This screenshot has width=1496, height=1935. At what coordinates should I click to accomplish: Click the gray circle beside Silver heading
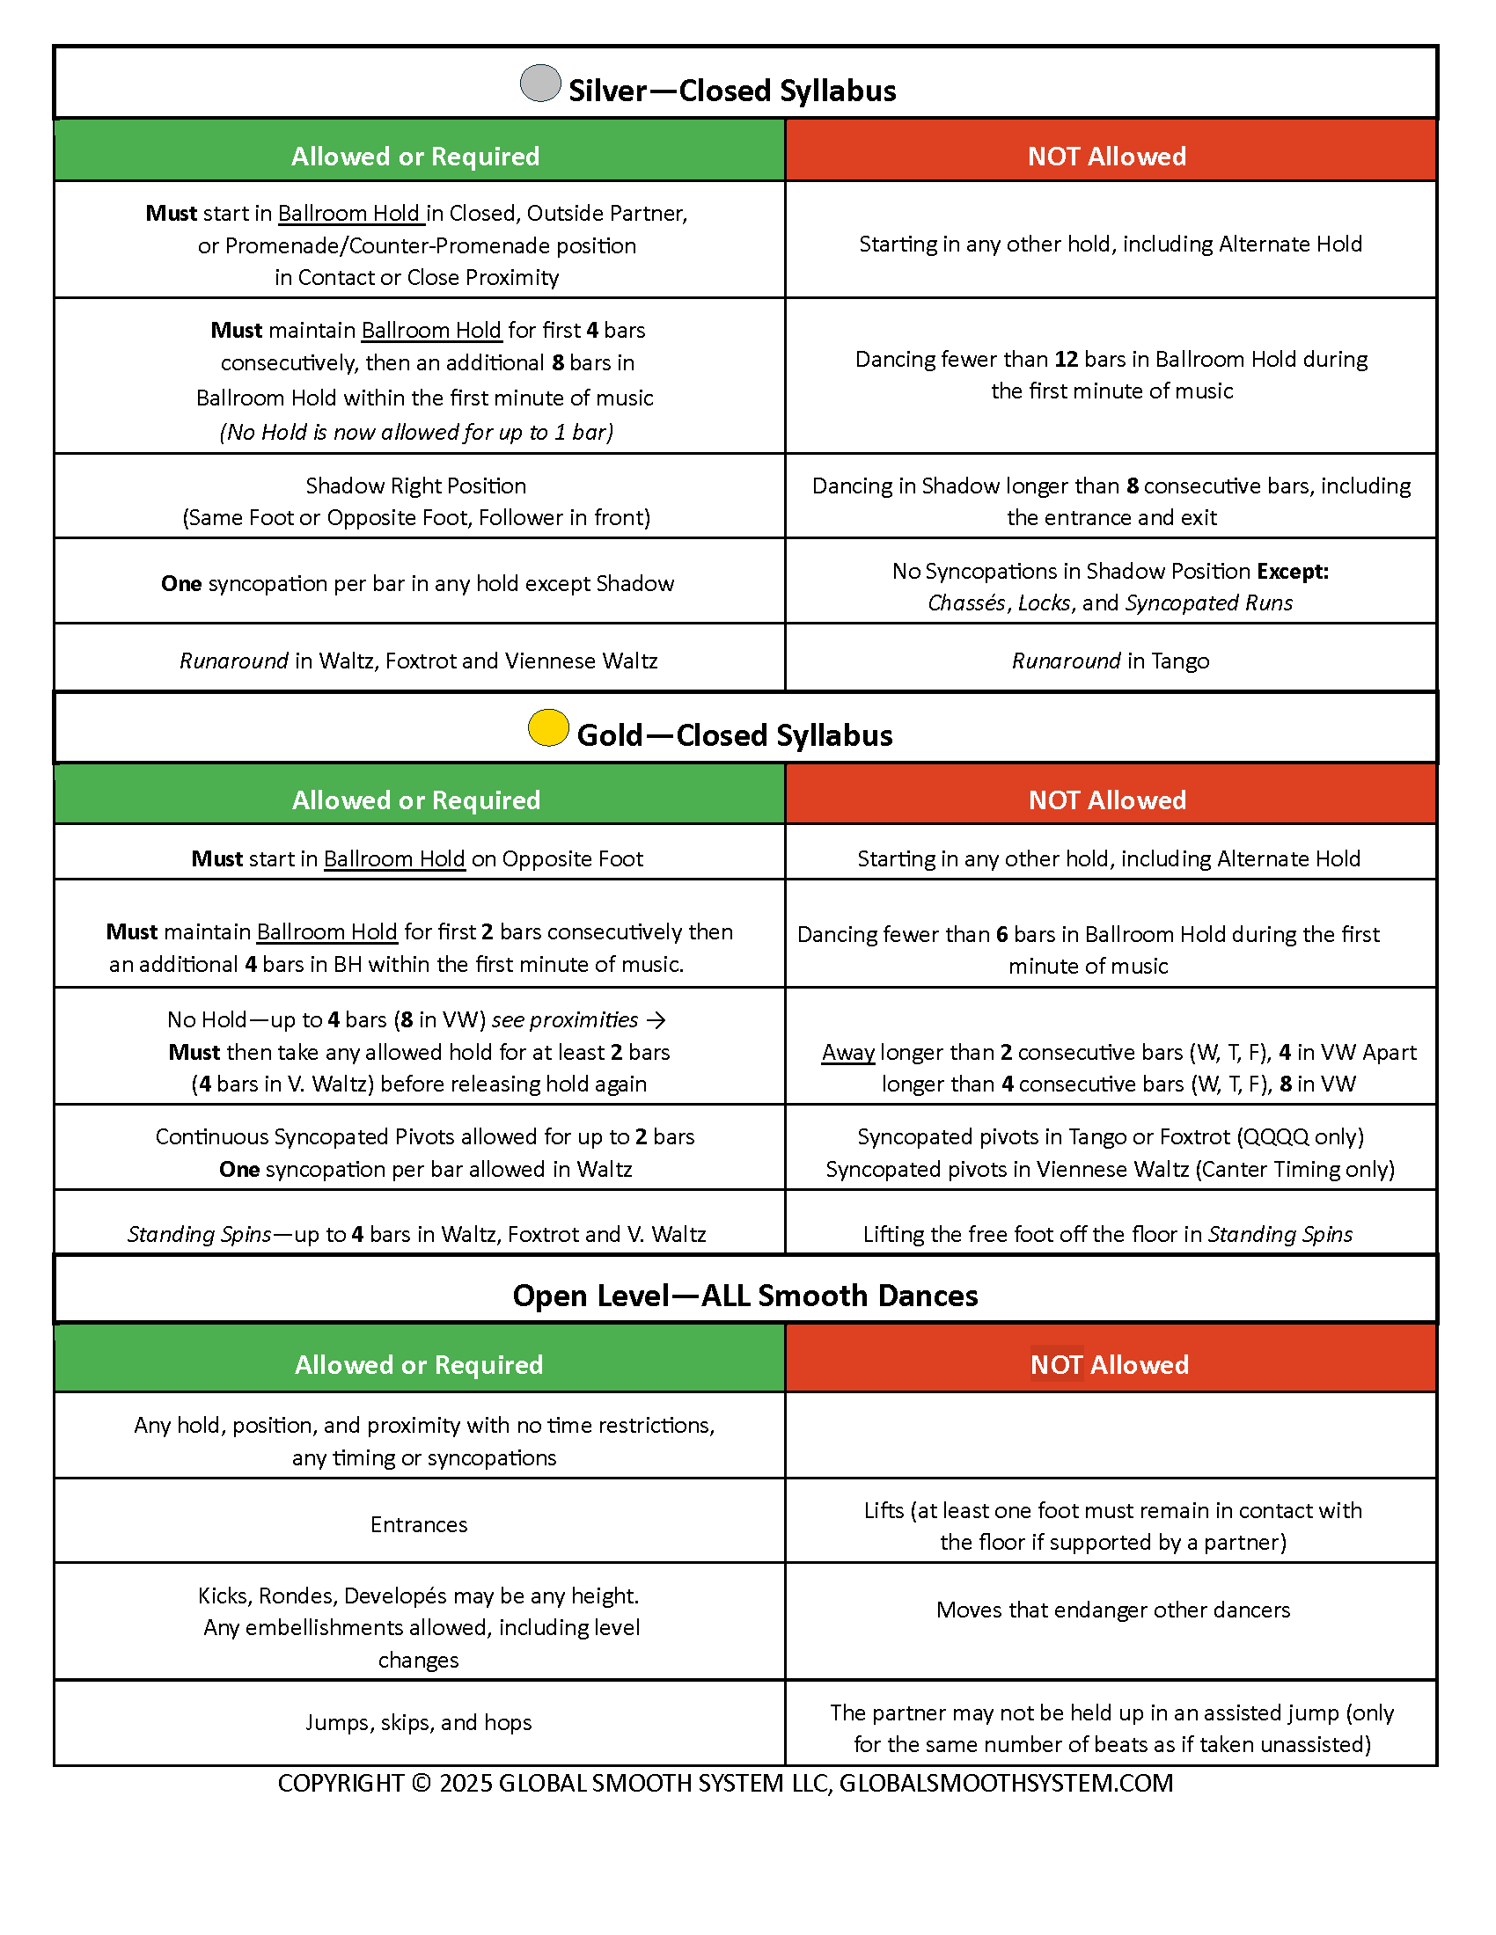tap(539, 84)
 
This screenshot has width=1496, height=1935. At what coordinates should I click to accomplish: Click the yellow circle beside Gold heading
tap(547, 727)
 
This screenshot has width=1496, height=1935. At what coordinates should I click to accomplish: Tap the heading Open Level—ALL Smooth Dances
tap(744, 1296)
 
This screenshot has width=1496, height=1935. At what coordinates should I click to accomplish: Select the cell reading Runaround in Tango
tap(1110, 661)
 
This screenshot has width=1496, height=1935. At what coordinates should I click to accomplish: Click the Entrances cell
tap(418, 1524)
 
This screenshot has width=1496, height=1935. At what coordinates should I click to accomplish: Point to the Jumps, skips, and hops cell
tap(418, 1721)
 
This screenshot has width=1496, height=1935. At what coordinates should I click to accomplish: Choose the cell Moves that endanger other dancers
tap(1112, 1609)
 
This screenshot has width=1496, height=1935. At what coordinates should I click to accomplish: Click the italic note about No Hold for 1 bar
tap(416, 432)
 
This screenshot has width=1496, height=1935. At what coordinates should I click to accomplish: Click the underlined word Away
tap(847, 1052)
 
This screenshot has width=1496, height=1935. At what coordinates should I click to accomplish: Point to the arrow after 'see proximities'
tap(656, 1019)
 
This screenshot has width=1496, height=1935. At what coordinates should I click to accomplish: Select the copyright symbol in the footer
tap(421, 1783)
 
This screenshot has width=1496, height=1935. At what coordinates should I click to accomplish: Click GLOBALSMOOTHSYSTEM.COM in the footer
tap(1005, 1783)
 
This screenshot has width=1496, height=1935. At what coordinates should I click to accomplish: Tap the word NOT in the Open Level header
tap(1056, 1364)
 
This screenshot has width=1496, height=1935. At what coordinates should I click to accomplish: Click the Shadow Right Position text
tap(415, 486)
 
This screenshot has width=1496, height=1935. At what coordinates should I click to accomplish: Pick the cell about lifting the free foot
tap(1107, 1234)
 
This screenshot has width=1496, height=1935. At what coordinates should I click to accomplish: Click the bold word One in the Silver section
tap(180, 584)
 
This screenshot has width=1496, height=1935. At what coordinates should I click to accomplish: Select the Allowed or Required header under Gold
tap(415, 800)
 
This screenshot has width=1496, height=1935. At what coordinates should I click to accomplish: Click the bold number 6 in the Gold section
tap(1001, 934)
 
